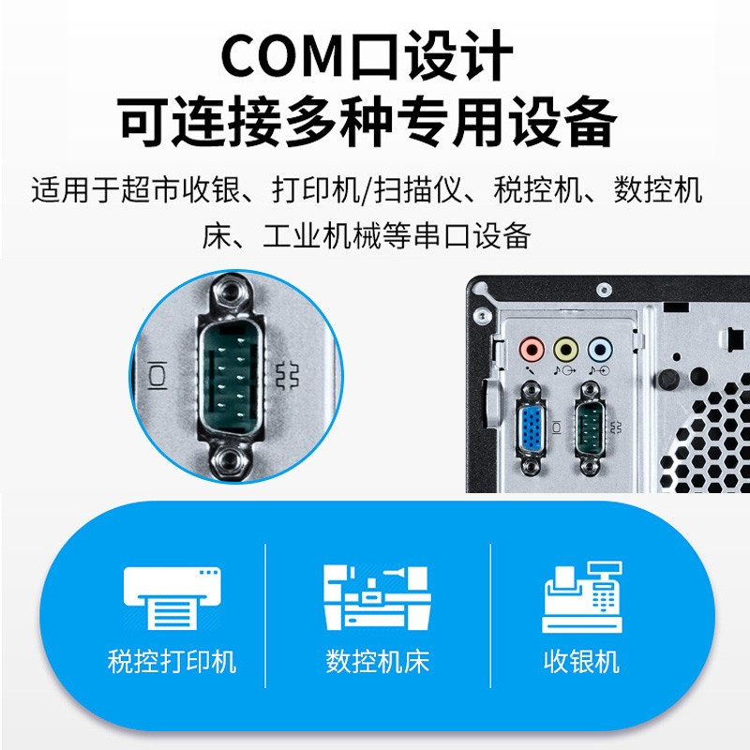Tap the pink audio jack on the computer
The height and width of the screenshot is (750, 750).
pyautogui.click(x=532, y=350)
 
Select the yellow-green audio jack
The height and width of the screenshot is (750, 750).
pyautogui.click(x=565, y=350)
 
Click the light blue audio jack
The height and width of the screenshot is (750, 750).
pyautogui.click(x=600, y=350)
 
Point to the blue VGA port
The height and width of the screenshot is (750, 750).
pyautogui.click(x=531, y=427)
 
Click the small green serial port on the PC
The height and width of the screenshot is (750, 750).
pyautogui.click(x=590, y=427)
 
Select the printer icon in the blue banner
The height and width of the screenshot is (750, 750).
pyautogui.click(x=172, y=598)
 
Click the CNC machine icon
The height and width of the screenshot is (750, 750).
pyautogui.click(x=377, y=597)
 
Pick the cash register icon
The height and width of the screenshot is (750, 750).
pyautogui.click(x=582, y=597)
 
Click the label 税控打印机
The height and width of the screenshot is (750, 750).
pyautogui.click(x=172, y=662)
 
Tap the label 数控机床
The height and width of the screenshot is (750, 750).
pyautogui.click(x=378, y=662)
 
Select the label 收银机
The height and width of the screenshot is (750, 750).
pyautogui.click(x=581, y=662)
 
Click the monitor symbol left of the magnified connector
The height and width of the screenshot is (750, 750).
pyautogui.click(x=157, y=376)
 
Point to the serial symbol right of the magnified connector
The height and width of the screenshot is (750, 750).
pyautogui.click(x=288, y=376)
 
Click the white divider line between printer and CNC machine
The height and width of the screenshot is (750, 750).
pyautogui.click(x=265, y=616)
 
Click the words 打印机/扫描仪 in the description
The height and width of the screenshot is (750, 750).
pyautogui.click(x=367, y=190)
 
